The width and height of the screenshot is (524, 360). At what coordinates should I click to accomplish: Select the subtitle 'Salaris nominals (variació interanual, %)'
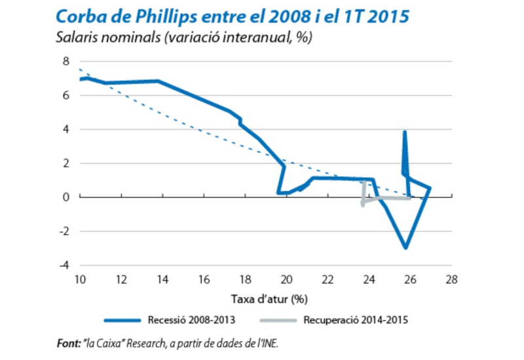click(x=184, y=38)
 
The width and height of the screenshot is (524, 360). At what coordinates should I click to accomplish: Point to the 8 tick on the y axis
click(x=65, y=61)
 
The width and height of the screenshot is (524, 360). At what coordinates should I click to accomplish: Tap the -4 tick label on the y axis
click(x=64, y=265)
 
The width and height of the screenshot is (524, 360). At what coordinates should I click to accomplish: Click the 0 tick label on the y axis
click(x=65, y=197)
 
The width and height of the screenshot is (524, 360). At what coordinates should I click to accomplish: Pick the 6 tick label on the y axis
click(x=65, y=95)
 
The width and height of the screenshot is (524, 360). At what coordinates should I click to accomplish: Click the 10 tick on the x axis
click(x=80, y=279)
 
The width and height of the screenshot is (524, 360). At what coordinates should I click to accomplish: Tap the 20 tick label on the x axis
click(x=286, y=279)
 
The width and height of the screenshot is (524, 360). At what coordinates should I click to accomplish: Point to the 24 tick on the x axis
click(x=369, y=279)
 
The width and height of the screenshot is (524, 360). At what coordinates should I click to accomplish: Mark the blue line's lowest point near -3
click(x=406, y=247)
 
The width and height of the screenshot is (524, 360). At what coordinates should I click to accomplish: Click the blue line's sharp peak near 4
click(x=405, y=132)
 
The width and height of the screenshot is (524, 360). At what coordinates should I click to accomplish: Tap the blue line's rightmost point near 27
click(x=430, y=189)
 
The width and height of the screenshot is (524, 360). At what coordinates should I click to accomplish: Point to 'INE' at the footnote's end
click(x=276, y=342)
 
